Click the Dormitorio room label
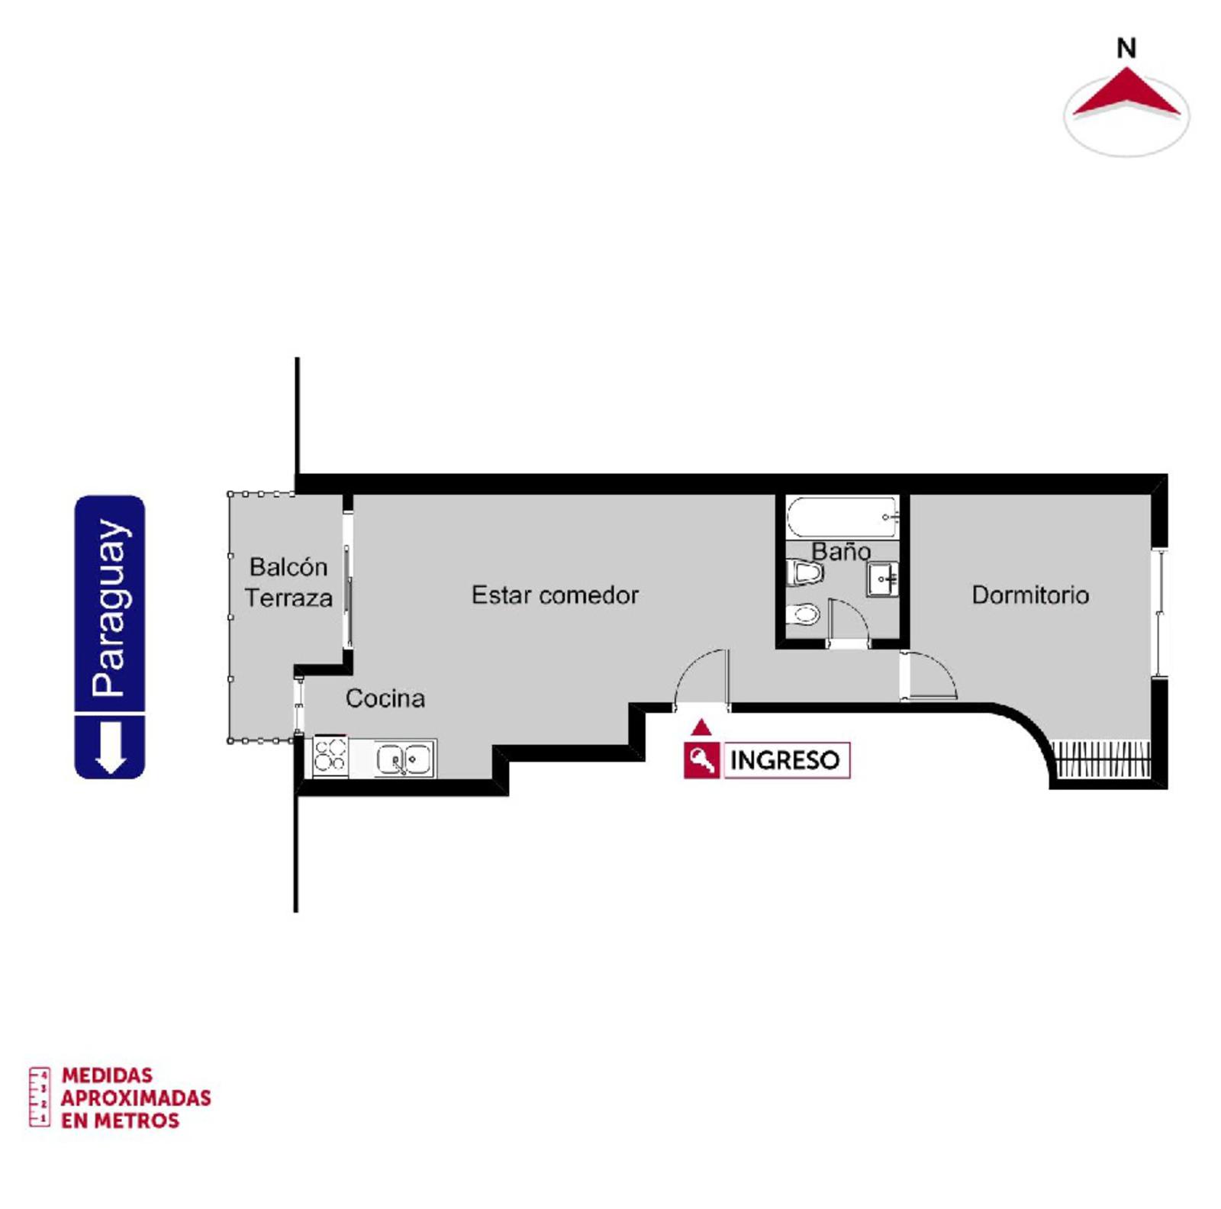[x=1029, y=595]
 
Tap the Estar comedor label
[x=555, y=595]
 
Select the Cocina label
[x=385, y=698]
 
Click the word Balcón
[x=288, y=566]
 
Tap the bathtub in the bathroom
[x=842, y=516]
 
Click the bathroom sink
[x=882, y=579]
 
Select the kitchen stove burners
[x=330, y=756]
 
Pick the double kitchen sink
[x=404, y=759]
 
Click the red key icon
[x=701, y=760]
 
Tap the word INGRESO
[x=784, y=760]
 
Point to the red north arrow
[x=1126, y=95]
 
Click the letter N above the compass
[x=1126, y=48]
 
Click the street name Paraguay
[x=110, y=608]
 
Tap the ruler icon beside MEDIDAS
[x=40, y=1097]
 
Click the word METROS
[x=137, y=1120]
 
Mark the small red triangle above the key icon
[x=701, y=727]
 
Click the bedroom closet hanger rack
[x=1101, y=759]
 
